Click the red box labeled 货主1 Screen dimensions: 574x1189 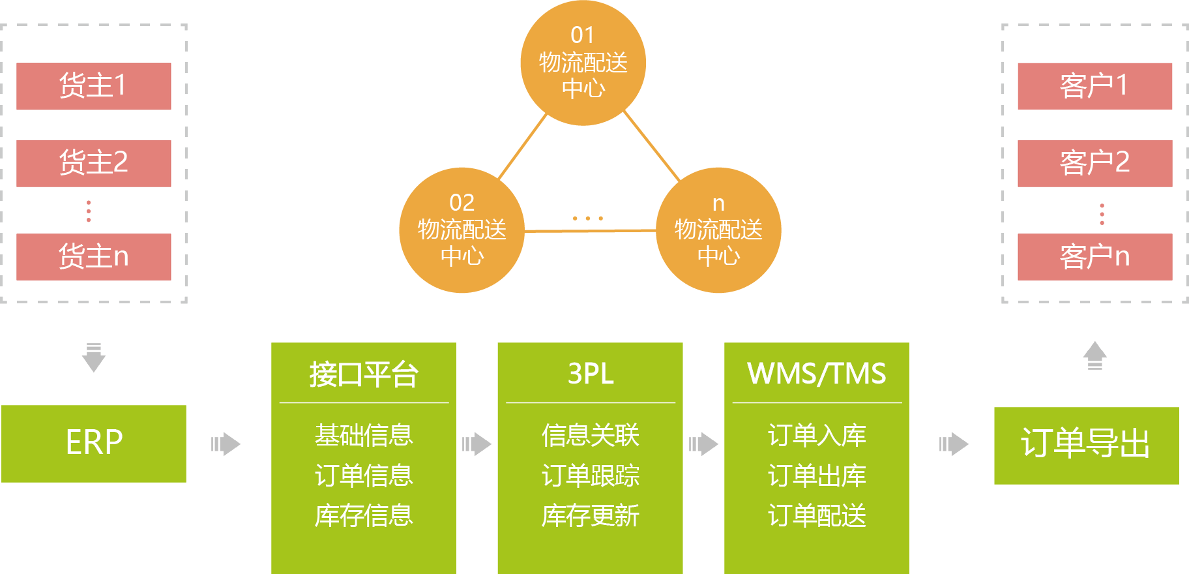pyautogui.click(x=94, y=86)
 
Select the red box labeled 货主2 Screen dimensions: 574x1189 pyautogui.click(x=94, y=164)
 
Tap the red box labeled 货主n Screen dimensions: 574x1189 pyautogui.click(x=94, y=257)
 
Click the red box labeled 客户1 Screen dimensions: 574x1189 pyautogui.click(x=1094, y=86)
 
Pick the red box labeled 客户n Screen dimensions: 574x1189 pyautogui.click(x=1094, y=257)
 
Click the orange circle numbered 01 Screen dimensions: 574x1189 pyautogui.click(x=583, y=63)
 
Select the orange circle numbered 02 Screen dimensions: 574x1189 pyautogui.click(x=462, y=230)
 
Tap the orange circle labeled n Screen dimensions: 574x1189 pyautogui.click(x=718, y=230)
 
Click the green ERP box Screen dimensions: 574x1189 pyautogui.click(x=94, y=444)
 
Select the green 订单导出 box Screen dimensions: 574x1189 pyautogui.click(x=1086, y=446)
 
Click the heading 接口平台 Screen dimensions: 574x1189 pyautogui.click(x=364, y=374)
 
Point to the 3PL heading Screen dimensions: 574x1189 pyautogui.click(x=590, y=374)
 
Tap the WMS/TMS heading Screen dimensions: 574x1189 pyautogui.click(x=816, y=374)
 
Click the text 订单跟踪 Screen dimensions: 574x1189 pyautogui.click(x=590, y=476)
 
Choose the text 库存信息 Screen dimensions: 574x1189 pyautogui.click(x=364, y=515)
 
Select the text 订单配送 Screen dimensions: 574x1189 pyautogui.click(x=816, y=515)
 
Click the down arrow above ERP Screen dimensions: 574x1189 pyautogui.click(x=94, y=357)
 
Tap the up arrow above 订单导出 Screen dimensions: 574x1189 pyautogui.click(x=1095, y=355)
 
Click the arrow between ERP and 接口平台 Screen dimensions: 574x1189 pyautogui.click(x=226, y=444)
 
